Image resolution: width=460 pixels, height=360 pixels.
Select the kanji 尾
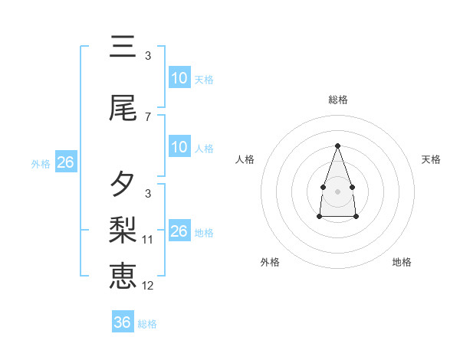tap(123, 110)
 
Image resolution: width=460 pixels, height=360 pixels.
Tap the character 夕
tap(123, 184)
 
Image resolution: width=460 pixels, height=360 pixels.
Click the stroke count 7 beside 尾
tap(148, 117)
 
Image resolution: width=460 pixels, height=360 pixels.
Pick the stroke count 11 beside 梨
tap(149, 240)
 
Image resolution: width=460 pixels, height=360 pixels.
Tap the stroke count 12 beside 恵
tap(149, 286)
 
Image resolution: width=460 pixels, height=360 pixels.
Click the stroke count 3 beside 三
tap(148, 56)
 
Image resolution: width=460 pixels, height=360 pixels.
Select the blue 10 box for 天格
tap(179, 78)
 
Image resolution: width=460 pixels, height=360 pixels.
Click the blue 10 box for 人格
tap(179, 147)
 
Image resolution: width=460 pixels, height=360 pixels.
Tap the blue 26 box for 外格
tap(65, 162)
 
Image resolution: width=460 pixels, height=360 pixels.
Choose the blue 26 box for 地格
tap(179, 231)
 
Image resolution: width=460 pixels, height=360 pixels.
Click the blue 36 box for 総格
tap(123, 322)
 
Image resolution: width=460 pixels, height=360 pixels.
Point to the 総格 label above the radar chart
tap(337, 100)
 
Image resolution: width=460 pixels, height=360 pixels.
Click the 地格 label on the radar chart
tap(402, 262)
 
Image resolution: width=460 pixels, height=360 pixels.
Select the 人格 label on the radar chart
tap(245, 159)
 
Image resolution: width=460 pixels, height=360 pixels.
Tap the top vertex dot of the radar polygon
tap(337, 146)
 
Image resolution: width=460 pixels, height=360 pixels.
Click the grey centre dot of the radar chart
tap(337, 191)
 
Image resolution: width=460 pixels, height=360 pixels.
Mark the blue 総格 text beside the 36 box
tap(147, 324)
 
